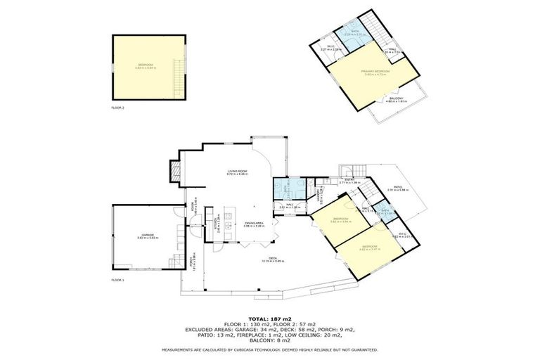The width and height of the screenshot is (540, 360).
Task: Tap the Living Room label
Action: (x=236, y=172)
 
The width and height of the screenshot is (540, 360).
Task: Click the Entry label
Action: (x=349, y=181)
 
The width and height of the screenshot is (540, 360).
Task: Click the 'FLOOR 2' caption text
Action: (x=117, y=108)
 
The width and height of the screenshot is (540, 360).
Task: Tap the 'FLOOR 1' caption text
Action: (x=117, y=280)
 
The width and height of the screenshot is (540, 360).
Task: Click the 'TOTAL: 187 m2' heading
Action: (x=269, y=319)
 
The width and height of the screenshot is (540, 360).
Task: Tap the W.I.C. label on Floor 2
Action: (x=330, y=49)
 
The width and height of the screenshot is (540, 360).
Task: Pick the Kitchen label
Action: (x=216, y=224)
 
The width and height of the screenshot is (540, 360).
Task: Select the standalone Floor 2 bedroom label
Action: (x=145, y=67)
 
